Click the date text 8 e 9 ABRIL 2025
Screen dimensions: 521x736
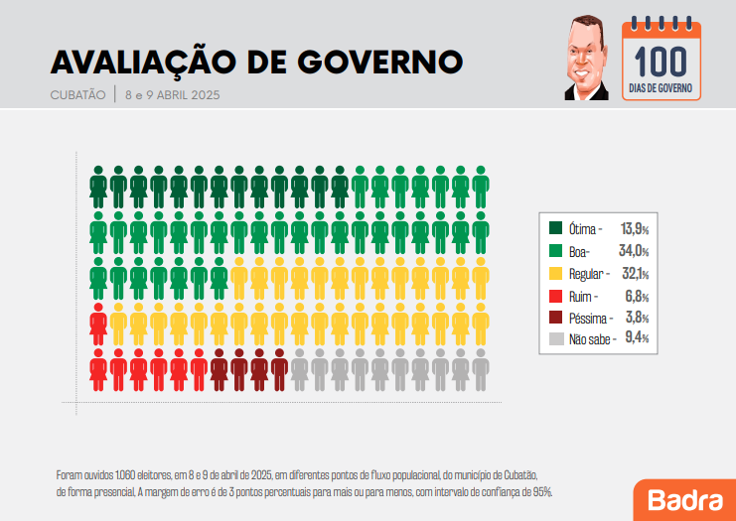pos(171,95)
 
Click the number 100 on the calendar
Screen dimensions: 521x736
pos(661,62)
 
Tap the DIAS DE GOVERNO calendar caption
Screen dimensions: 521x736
pos(661,88)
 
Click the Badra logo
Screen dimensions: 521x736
pos(684,498)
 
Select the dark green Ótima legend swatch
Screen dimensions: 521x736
pos(556,228)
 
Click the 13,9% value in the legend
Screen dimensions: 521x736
pos(635,228)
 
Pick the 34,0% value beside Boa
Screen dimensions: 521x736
pos(635,250)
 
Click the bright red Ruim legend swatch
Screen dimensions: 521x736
pos(556,296)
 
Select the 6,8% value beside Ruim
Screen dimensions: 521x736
pos(637,296)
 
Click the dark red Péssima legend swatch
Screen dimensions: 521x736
pos(556,318)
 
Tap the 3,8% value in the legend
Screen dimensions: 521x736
pos(637,318)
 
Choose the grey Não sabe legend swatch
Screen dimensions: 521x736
pos(556,339)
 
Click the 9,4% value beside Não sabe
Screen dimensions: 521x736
pos(637,339)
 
